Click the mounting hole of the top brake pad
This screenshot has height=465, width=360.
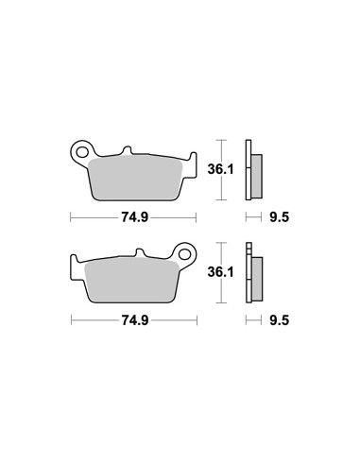tap(82, 152)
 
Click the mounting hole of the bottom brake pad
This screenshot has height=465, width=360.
tap(185, 254)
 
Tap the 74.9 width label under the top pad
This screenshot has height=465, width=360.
tap(134, 217)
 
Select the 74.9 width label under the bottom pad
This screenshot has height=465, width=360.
tap(135, 320)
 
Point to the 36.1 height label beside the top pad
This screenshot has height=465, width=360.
tap(220, 169)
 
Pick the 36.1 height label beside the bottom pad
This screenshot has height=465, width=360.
tap(220, 271)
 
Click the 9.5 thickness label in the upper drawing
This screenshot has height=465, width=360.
tap(280, 217)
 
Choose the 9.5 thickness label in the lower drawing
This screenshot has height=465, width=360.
tap(280, 320)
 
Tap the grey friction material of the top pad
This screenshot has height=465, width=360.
tap(135, 178)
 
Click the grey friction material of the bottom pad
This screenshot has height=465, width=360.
tap(131, 281)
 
